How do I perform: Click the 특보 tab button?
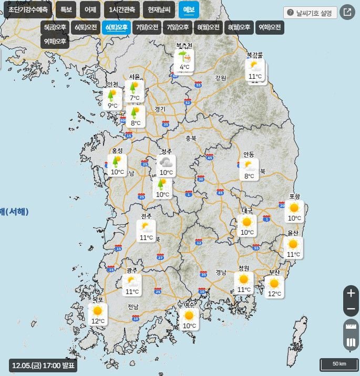[x=66, y=10]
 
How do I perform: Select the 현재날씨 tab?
[x=160, y=10]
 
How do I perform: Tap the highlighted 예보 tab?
[x=189, y=10]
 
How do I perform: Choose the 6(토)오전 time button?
[x=86, y=27]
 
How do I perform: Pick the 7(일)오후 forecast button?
[x=178, y=27]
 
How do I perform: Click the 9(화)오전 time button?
[x=270, y=27]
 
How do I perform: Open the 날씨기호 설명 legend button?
[x=310, y=13]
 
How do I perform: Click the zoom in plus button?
[x=351, y=293]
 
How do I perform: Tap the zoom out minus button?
[x=351, y=310]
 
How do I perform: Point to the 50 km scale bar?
[x=339, y=364]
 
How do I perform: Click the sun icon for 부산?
[x=274, y=284]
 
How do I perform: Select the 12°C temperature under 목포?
[x=98, y=321]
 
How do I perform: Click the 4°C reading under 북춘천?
[x=184, y=67]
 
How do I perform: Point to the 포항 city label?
[x=294, y=196]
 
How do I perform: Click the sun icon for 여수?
[x=189, y=316]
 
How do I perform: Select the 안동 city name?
[x=249, y=154]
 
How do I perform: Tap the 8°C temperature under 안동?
[x=249, y=176]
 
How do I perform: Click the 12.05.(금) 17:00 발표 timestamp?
[x=44, y=365]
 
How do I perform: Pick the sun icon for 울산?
[x=293, y=244]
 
